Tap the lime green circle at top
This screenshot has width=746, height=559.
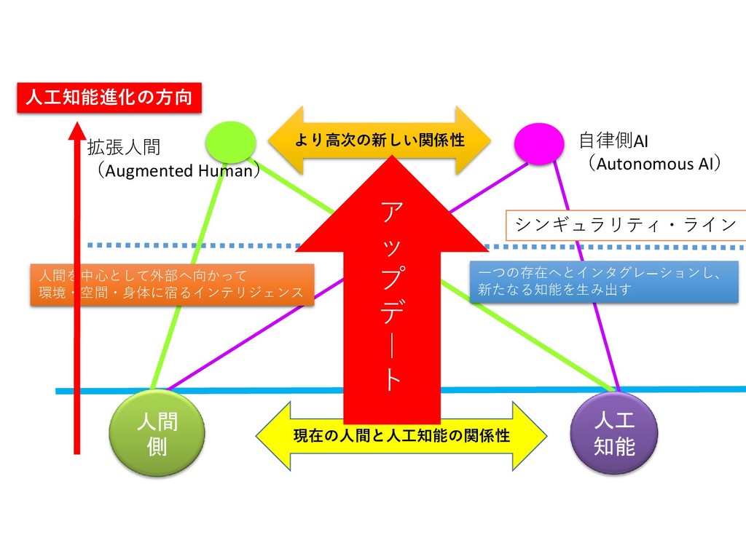230,142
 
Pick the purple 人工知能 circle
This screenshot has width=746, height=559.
614,433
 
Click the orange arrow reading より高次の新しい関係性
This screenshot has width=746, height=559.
379,140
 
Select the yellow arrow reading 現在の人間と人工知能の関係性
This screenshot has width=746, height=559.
401,436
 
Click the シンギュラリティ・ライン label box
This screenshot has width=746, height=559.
626,225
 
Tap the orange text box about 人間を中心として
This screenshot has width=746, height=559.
172,284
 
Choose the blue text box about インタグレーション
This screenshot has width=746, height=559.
604,281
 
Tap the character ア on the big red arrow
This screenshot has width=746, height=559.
391,213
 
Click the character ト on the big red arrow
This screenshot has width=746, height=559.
391,379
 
